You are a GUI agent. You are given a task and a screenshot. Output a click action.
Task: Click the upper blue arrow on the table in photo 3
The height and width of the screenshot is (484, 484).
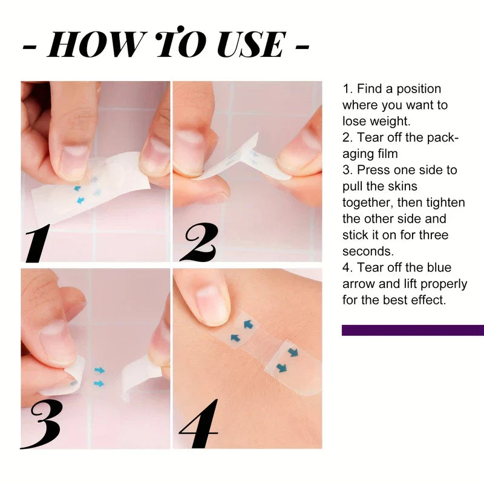pyautogui.click(x=99, y=370)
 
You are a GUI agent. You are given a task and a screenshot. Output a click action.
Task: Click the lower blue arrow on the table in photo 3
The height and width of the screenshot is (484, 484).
pyautogui.click(x=99, y=384)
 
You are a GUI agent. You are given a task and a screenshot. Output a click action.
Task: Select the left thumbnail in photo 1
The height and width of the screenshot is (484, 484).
pyautogui.click(x=73, y=161)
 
